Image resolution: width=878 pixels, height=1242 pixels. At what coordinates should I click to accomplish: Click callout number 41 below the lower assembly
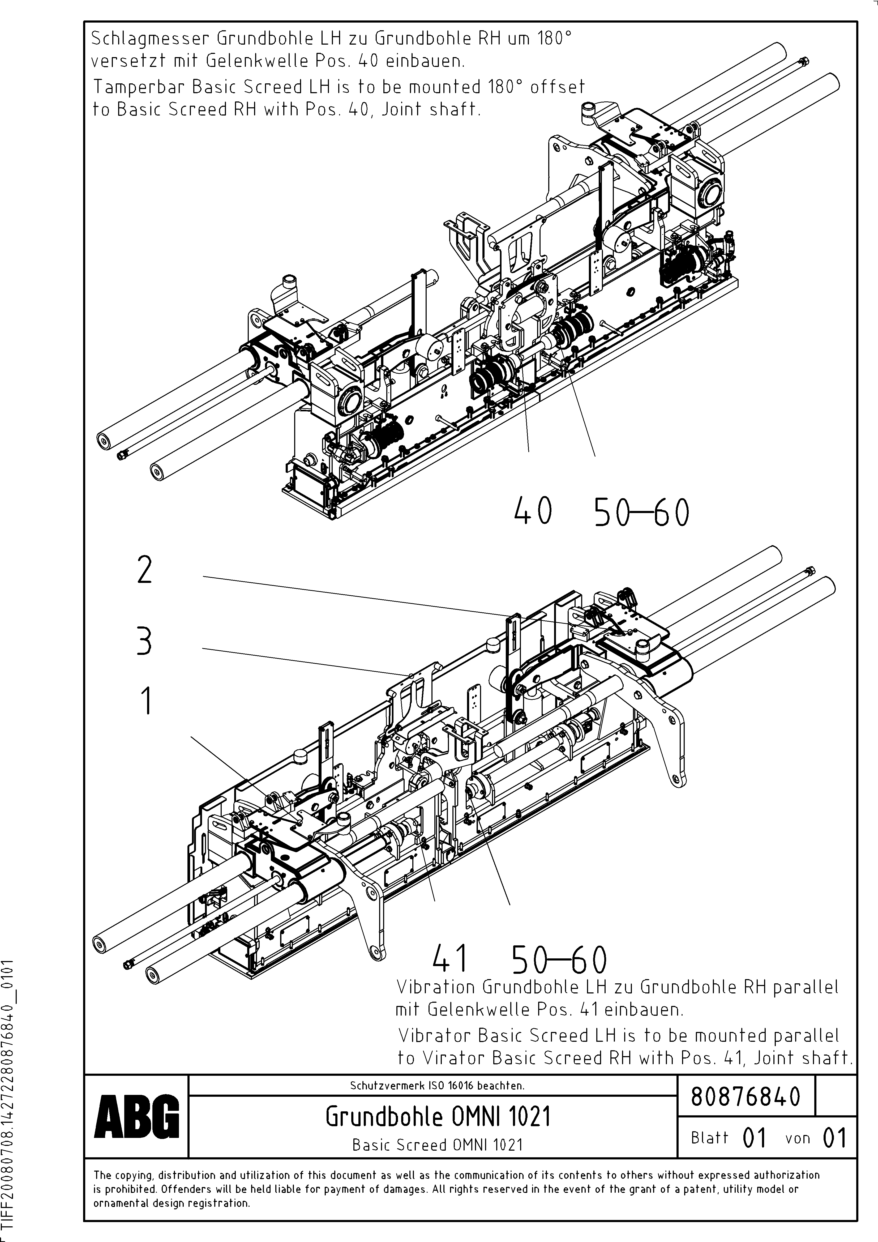[450, 959]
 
